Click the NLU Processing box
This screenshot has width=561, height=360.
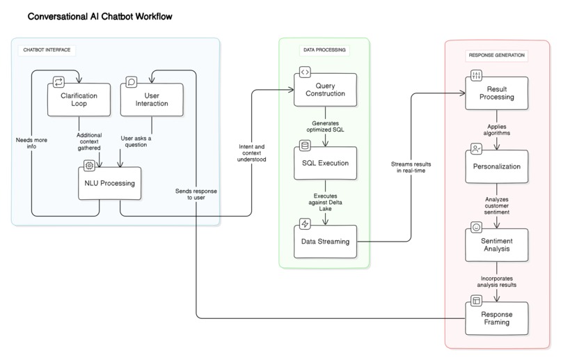click(x=111, y=184)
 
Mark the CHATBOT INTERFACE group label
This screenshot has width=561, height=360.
click(x=47, y=50)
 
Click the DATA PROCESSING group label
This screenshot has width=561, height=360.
click(x=324, y=50)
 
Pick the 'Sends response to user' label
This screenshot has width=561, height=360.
click(x=196, y=194)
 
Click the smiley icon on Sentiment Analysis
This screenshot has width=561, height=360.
click(x=476, y=227)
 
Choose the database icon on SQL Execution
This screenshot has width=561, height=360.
click(x=304, y=146)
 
